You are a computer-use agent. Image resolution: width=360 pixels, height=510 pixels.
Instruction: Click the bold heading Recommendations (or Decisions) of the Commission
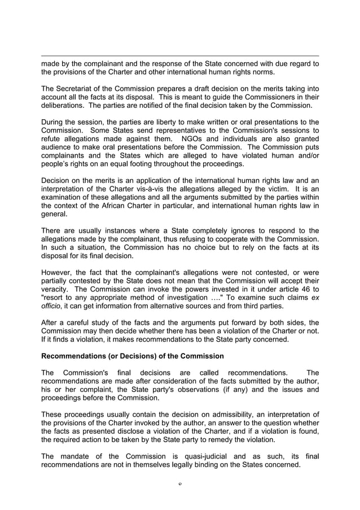(133, 356)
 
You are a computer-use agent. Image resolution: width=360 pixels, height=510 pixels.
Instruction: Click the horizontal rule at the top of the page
(180, 56)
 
